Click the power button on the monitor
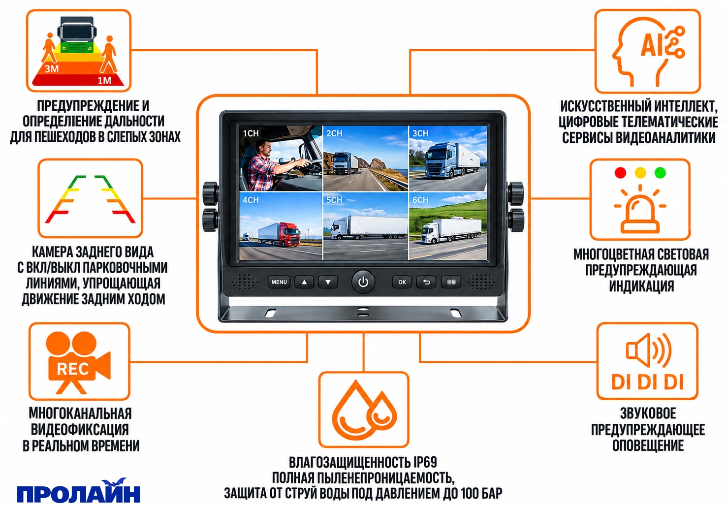pos(363,282)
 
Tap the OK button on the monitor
pos(402,282)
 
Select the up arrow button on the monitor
pos(304,282)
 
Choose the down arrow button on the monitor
pos(328,282)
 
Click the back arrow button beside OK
pos(426,282)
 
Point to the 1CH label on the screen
pos(251,133)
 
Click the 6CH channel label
pos(420,200)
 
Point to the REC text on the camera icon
pos(73,369)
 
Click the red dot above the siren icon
pos(620,173)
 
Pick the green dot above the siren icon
pos(660,173)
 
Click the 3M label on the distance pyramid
pos(52,69)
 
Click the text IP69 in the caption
pos(425,462)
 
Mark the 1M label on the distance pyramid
pos(104,80)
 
